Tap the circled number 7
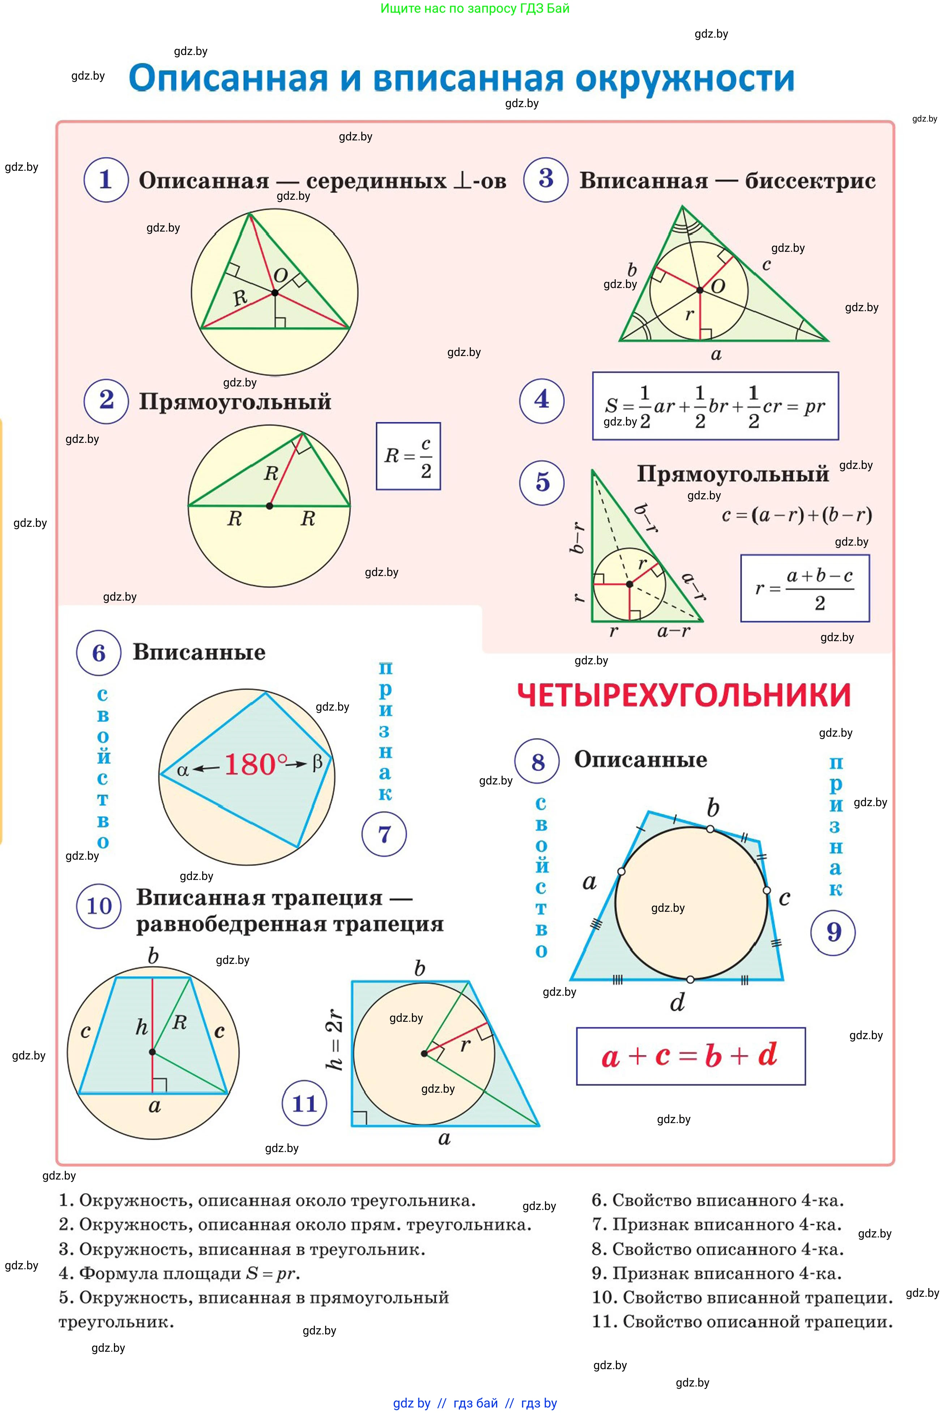pos(384,834)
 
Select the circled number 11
pos(304,1103)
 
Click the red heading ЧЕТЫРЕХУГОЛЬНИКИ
pos(683,695)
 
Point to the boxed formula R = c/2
pos(408,456)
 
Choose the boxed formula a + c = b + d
pos(690,1056)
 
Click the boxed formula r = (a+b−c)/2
pos(805,588)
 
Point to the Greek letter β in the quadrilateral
pos(317,762)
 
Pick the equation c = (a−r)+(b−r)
pos(796,515)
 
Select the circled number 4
pos(542,400)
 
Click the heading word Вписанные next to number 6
pos(199,652)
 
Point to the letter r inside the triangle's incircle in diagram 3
pos(689,314)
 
